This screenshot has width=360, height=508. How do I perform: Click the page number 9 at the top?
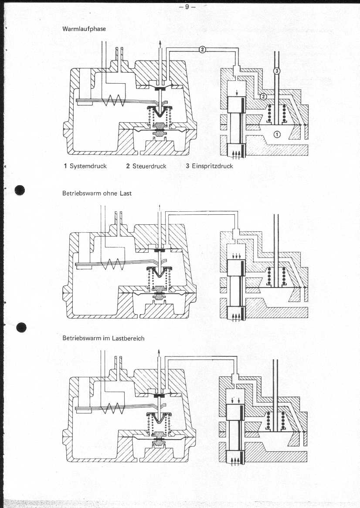click(x=187, y=7)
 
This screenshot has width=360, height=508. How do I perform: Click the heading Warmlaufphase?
click(x=84, y=29)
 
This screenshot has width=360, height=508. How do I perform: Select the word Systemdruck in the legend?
click(x=88, y=166)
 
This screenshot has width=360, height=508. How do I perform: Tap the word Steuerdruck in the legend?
click(x=149, y=166)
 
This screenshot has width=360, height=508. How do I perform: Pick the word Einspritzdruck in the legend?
click(x=213, y=166)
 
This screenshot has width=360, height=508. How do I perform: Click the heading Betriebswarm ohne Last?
click(x=97, y=193)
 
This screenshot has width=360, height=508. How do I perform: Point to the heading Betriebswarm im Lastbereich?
click(x=103, y=338)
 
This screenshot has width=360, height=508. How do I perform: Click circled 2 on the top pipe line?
click(x=202, y=50)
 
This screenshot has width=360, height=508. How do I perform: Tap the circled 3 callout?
click(x=277, y=71)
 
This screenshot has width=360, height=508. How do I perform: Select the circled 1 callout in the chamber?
click(x=277, y=134)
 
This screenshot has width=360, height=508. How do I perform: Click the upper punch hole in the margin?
click(x=20, y=190)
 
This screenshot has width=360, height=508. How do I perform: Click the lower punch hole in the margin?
click(x=21, y=328)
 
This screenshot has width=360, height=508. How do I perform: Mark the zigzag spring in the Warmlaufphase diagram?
click(x=113, y=101)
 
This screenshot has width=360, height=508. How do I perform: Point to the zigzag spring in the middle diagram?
click(x=113, y=264)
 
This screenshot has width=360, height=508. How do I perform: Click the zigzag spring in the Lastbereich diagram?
click(x=113, y=409)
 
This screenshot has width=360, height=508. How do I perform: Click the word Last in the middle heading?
click(x=126, y=193)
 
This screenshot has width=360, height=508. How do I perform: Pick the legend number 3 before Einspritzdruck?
click(x=187, y=166)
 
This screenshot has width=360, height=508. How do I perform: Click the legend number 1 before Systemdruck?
click(x=65, y=166)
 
